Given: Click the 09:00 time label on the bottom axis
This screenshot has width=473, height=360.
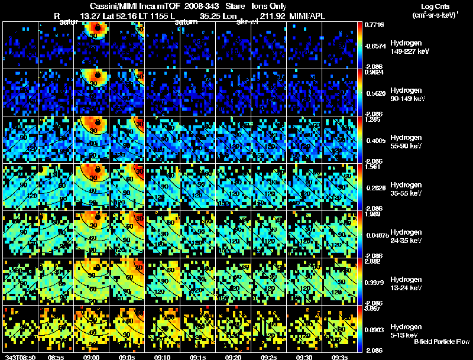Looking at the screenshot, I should coord(91,357).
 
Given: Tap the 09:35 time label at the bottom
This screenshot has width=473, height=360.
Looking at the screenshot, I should coord(341,357).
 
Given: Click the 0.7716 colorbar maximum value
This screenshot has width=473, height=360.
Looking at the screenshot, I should coord(374,25).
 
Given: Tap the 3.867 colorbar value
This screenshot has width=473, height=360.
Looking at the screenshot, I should coord(374,309).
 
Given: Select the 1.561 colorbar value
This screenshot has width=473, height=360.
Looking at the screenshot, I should coord(374,167).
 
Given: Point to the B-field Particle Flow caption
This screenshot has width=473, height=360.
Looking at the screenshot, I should coord(442,342).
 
